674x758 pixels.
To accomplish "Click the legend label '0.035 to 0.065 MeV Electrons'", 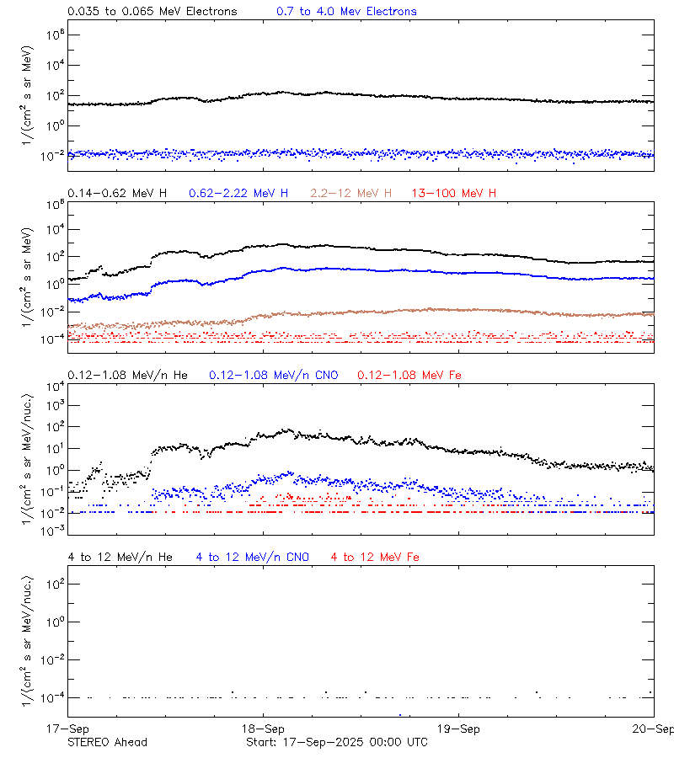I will click(152, 12).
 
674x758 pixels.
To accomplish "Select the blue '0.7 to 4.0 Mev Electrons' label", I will click(346, 12).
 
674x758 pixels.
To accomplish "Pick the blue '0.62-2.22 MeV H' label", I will click(238, 194).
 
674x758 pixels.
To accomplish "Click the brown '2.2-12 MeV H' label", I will click(351, 194).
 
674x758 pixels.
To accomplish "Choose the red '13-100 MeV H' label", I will click(453, 194).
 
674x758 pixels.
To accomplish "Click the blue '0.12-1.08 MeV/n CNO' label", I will click(274, 375).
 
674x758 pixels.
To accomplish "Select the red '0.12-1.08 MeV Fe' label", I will click(409, 375).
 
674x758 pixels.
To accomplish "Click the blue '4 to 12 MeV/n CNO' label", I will click(252, 557).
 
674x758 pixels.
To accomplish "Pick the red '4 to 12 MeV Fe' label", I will click(375, 557).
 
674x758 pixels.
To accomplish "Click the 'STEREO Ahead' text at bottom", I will click(107, 742).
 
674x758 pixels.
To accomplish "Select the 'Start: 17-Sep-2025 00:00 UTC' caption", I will click(336, 742).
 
